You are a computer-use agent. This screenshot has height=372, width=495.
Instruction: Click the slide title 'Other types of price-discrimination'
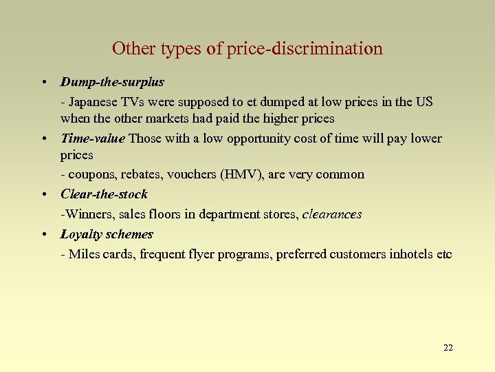click(247, 49)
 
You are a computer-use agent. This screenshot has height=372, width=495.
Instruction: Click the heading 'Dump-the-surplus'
click(112, 83)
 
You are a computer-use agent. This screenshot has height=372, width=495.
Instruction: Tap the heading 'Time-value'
click(93, 138)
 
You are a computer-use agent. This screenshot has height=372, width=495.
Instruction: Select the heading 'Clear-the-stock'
click(104, 194)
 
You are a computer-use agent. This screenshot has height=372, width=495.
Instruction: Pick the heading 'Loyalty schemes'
click(107, 234)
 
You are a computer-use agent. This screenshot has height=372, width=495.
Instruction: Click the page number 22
click(448, 347)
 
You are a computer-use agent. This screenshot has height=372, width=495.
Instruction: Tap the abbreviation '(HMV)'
click(239, 175)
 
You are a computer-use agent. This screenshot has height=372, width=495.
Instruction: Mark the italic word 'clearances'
click(332, 214)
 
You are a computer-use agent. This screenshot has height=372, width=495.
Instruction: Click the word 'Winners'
click(87, 214)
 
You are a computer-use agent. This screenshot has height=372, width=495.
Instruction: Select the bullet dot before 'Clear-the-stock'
click(43, 194)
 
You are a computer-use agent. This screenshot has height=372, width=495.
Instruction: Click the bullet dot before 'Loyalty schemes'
click(43, 234)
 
